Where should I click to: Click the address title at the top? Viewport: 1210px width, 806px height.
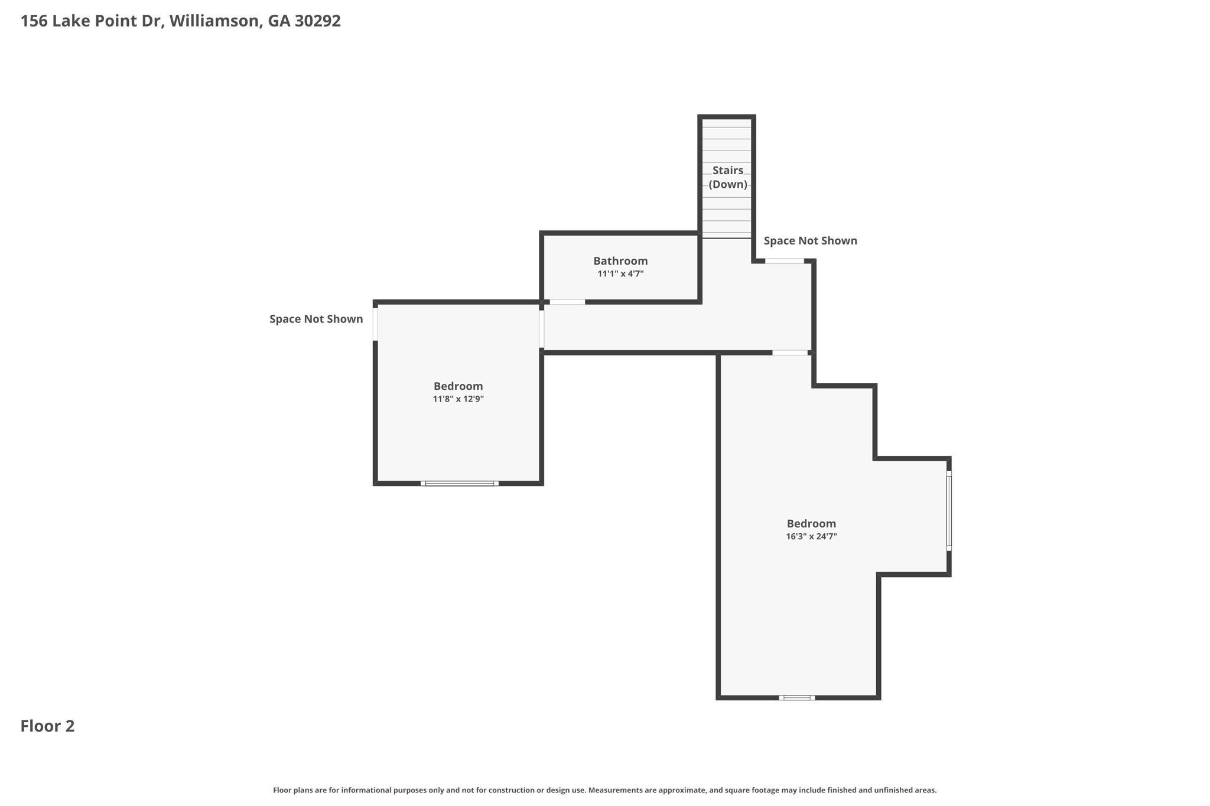coord(181,21)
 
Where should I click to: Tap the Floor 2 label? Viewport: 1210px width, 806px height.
coord(47,726)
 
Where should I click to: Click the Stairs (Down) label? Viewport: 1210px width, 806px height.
coord(728,177)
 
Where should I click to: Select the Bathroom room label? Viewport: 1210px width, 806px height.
coord(620,261)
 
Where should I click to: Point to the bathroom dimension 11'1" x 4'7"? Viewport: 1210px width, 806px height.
coord(620,274)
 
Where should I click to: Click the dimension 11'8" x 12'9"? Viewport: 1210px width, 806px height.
coord(458,399)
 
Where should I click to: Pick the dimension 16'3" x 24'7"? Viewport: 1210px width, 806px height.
coord(811,537)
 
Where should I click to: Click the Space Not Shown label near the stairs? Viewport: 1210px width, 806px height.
coord(810,241)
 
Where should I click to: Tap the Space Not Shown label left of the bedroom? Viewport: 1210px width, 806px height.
coord(316,319)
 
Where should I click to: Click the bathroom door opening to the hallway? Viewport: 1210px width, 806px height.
coord(567,302)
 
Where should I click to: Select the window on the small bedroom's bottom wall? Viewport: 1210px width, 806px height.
coord(460,484)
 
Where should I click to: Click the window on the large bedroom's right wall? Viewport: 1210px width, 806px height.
coord(949,511)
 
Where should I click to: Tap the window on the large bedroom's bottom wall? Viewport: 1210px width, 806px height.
coord(797,698)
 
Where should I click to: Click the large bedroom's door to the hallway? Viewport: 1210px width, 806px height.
coord(790,353)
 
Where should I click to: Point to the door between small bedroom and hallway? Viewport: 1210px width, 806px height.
coord(542,329)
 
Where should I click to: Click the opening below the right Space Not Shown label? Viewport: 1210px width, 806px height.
coord(785,261)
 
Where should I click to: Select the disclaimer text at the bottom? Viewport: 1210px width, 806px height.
coord(605,790)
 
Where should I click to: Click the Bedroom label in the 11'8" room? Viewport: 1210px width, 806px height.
coord(458,386)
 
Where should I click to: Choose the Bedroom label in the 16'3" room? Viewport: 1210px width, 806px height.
coord(811,524)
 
